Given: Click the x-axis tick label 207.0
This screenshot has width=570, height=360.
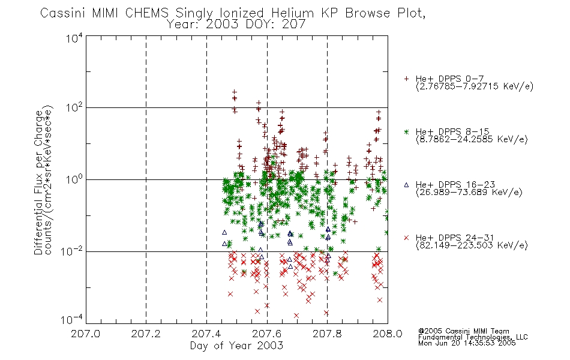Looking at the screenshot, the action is pyautogui.click(x=86, y=334).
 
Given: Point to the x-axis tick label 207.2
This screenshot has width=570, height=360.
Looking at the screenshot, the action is pyautogui.click(x=146, y=334).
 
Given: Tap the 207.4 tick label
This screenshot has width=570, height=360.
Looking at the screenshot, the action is pyautogui.click(x=206, y=334).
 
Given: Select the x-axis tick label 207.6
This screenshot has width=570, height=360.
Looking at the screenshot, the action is pyautogui.click(x=267, y=334).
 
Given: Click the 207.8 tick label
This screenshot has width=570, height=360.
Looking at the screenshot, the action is pyautogui.click(x=327, y=334).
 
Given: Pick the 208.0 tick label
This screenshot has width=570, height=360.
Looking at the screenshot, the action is pyautogui.click(x=388, y=334).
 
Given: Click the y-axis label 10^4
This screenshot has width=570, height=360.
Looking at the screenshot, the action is pyautogui.click(x=74, y=38).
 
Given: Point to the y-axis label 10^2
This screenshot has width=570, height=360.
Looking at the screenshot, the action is pyautogui.click(x=74, y=108).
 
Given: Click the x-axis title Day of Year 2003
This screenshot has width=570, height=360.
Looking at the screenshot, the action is pyautogui.click(x=236, y=346).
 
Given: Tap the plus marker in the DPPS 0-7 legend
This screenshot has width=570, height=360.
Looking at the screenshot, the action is pyautogui.click(x=406, y=79).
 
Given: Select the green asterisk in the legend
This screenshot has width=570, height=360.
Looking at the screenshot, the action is pyautogui.click(x=406, y=132).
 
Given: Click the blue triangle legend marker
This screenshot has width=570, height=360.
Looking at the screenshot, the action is pyautogui.click(x=406, y=185).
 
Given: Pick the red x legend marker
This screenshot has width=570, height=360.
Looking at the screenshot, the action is pyautogui.click(x=406, y=238).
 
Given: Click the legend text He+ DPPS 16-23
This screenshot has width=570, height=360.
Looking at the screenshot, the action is pyautogui.click(x=455, y=185).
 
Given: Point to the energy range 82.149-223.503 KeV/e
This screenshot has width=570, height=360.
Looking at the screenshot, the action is pyautogui.click(x=472, y=245).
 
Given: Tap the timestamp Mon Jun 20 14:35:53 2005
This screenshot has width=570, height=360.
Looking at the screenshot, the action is pyautogui.click(x=467, y=343).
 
